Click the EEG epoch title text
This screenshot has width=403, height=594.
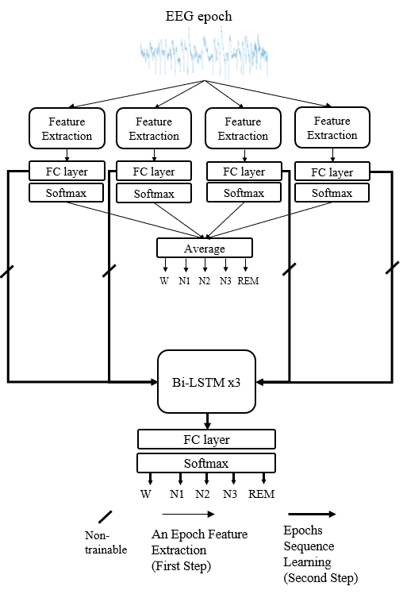[198, 17]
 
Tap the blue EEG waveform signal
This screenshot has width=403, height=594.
[205, 54]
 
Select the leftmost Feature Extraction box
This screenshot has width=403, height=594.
[67, 129]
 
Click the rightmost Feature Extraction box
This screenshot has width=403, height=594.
[332, 128]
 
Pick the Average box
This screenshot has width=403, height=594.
[205, 249]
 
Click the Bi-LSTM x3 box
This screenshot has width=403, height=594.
[206, 382]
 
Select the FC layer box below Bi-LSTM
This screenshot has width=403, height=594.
[206, 439]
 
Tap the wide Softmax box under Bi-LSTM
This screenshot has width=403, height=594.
[206, 463]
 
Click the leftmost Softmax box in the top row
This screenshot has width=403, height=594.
[66, 193]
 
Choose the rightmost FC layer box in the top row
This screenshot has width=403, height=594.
[332, 172]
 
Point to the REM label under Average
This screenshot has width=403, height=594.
[248, 281]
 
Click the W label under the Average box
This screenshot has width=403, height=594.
[164, 281]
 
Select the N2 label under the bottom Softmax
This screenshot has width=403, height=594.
[202, 494]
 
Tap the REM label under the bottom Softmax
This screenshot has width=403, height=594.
[262, 494]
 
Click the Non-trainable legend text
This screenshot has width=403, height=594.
[106, 542]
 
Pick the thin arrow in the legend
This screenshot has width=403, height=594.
[188, 514]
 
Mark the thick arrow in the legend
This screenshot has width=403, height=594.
[313, 514]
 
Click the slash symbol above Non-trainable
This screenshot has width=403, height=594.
[106, 517]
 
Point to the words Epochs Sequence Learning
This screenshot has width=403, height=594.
[309, 546]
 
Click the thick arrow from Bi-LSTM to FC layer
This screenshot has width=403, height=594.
[207, 421]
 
